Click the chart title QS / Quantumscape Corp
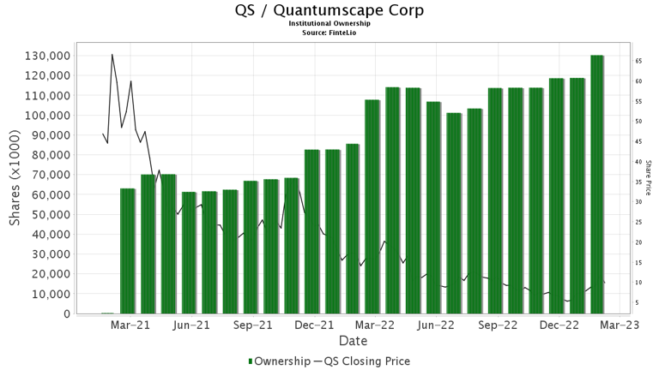[329, 11]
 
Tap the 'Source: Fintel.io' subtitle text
[329, 32]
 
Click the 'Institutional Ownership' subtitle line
[329, 24]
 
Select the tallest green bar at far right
[597, 184]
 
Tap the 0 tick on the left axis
[65, 313]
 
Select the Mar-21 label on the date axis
[130, 325]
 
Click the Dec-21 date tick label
[314, 325]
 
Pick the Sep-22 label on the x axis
[498, 325]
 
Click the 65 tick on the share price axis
[639, 61]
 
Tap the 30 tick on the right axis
[639, 202]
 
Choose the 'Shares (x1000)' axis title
[15, 184]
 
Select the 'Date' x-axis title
[353, 341]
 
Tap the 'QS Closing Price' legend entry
[366, 361]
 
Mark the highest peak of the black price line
[112, 55]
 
